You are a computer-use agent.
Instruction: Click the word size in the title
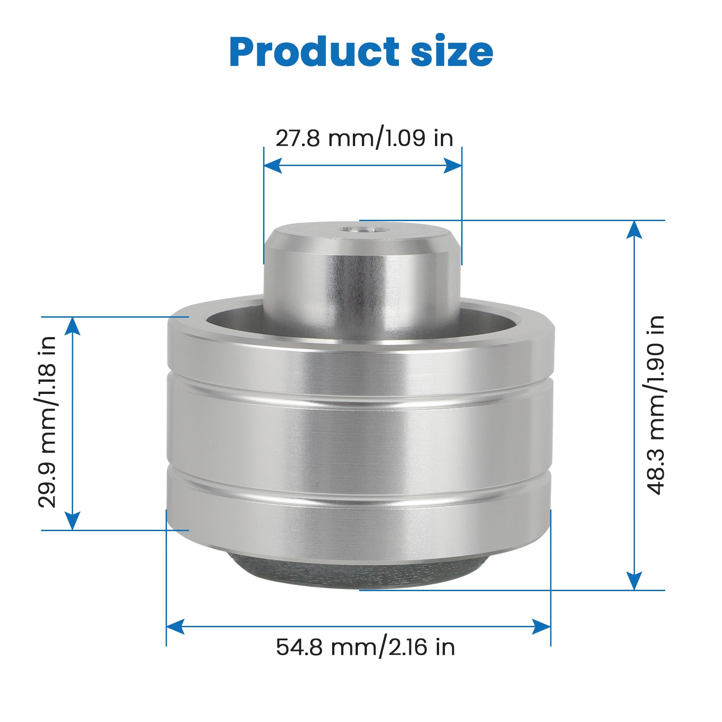(x=451, y=52)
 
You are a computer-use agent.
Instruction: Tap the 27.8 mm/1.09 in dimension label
(x=364, y=138)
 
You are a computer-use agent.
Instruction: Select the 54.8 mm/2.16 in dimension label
(x=365, y=647)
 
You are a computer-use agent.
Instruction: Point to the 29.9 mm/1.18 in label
(x=47, y=422)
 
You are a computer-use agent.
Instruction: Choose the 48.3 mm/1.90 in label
(x=656, y=405)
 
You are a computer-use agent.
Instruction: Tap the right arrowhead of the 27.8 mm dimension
(x=453, y=166)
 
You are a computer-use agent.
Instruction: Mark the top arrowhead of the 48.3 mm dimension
(x=634, y=229)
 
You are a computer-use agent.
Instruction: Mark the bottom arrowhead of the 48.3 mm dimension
(x=634, y=581)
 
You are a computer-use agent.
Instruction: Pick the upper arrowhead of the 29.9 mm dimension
(x=73, y=326)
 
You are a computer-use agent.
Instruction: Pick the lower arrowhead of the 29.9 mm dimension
(x=73, y=521)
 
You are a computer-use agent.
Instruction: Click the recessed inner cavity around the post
(x=235, y=318)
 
